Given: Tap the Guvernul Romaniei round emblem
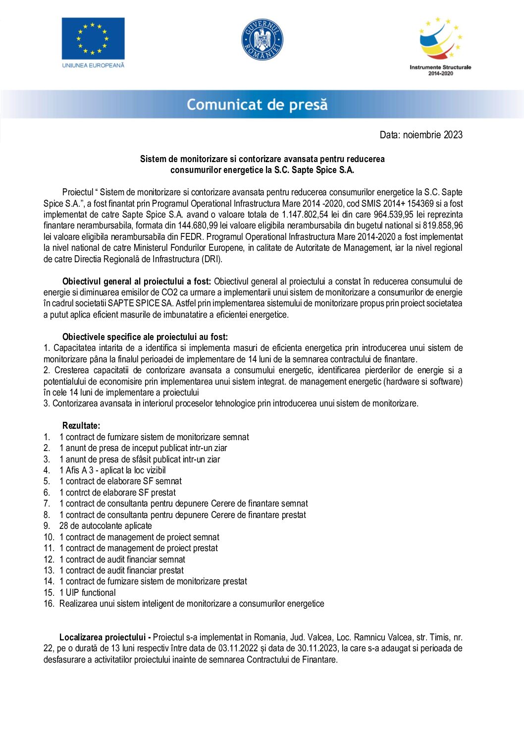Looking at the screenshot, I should click(x=262, y=40).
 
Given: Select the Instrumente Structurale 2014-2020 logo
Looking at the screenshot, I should click(x=440, y=47).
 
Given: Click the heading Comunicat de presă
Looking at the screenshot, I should click(x=257, y=105).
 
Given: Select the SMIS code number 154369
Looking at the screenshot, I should click(x=420, y=204).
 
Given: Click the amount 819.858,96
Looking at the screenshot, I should click(x=443, y=226).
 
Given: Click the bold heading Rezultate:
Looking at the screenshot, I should click(x=81, y=426).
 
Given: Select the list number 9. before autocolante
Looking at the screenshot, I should click(x=47, y=526).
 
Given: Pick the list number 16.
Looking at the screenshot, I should click(x=49, y=604).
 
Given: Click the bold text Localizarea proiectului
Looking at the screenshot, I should click(x=103, y=637).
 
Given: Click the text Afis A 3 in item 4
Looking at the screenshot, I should click(x=79, y=470).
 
